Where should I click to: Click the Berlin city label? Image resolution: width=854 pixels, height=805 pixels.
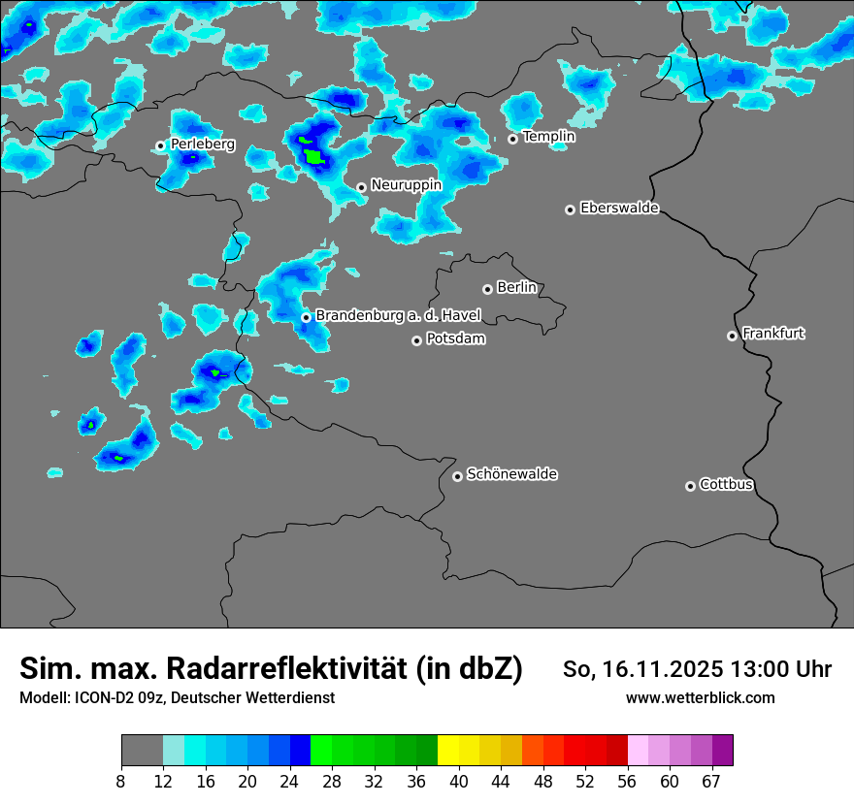[516, 288]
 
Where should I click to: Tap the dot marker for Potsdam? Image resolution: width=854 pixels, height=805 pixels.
[416, 340]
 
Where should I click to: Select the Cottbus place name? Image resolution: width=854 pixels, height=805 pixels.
[726, 485]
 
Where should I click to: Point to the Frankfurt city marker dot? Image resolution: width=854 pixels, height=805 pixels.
[732, 336]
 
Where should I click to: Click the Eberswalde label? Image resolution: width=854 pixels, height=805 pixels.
[619, 209]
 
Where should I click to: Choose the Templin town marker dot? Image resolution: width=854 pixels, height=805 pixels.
[512, 139]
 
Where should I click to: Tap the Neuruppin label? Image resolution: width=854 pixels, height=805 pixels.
[406, 185]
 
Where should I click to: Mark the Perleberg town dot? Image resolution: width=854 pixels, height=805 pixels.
[160, 145]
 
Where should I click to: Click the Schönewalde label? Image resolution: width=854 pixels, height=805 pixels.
[511, 474]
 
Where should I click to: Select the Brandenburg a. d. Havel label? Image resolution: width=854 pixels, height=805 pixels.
[398, 316]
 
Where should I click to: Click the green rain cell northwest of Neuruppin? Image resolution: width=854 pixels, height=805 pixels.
[312, 154]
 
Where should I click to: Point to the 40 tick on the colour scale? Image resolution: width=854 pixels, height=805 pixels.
[459, 782]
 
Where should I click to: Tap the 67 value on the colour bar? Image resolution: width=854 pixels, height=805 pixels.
[711, 782]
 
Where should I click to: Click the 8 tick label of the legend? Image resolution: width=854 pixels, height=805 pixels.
[121, 782]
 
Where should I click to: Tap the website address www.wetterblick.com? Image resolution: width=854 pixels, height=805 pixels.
[700, 697]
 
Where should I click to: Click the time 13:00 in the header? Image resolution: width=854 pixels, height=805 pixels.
[763, 669]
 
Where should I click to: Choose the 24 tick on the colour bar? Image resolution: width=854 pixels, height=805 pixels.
[290, 782]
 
